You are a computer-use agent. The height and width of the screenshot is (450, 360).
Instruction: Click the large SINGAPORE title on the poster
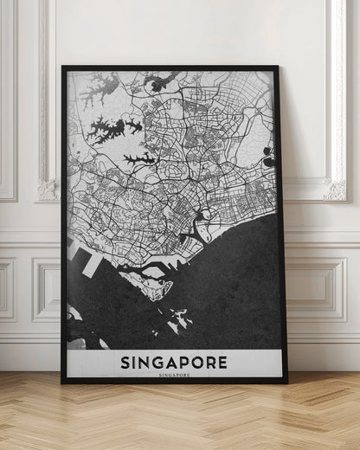point(174,361)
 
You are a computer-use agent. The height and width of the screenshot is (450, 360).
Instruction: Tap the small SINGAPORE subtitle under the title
point(174,375)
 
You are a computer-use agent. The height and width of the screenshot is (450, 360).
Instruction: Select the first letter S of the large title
point(125,361)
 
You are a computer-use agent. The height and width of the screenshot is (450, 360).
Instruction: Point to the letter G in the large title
point(157,361)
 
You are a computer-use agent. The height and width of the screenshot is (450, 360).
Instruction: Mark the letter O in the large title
point(198,361)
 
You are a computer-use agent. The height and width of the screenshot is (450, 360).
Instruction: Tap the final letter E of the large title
point(223,361)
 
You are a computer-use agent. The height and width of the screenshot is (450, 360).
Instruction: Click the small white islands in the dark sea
point(180,320)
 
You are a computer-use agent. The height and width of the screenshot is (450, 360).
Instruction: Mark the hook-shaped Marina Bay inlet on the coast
point(205,228)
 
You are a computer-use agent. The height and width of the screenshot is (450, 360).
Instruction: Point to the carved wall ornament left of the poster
point(47,189)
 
